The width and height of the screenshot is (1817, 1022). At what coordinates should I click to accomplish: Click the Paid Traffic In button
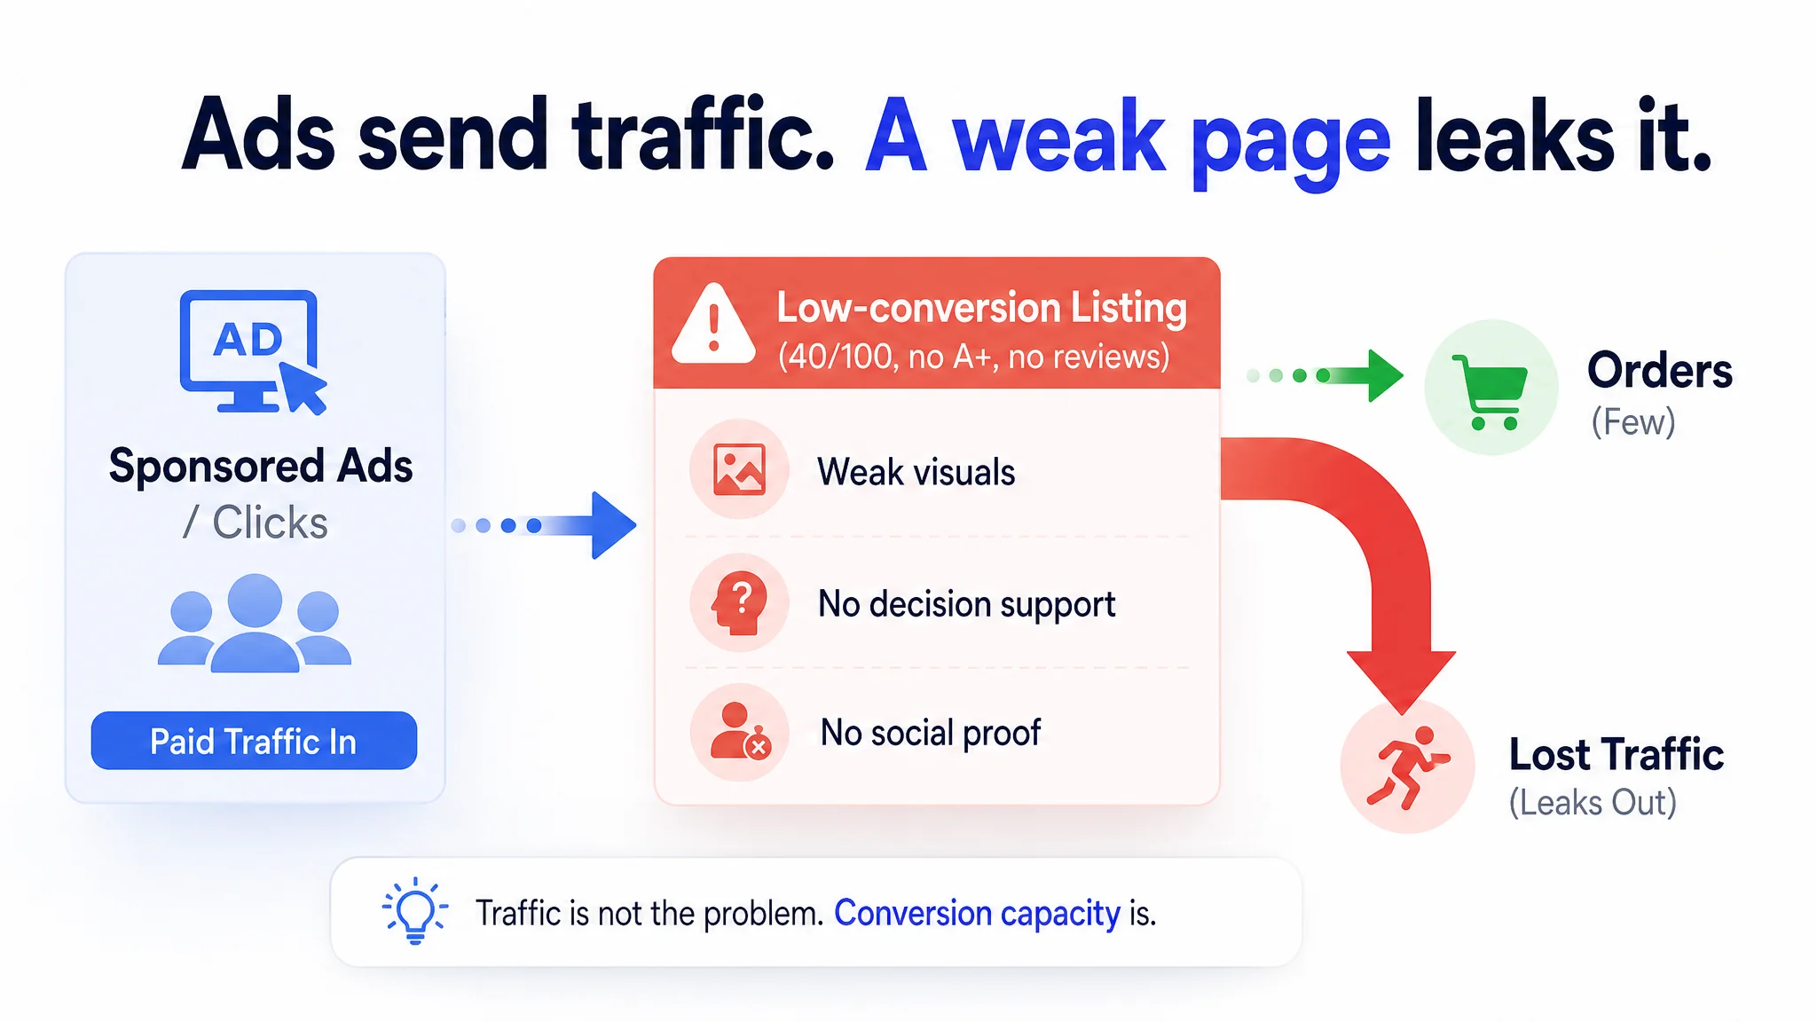[254, 741]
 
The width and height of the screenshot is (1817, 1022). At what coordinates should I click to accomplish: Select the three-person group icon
[255, 623]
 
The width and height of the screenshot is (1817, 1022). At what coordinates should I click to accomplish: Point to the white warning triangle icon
[713, 325]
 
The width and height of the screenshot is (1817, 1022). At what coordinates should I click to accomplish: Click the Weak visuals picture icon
[739, 469]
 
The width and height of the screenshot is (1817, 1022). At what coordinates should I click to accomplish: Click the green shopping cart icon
[1490, 391]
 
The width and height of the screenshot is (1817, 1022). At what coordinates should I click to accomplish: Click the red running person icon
[1408, 767]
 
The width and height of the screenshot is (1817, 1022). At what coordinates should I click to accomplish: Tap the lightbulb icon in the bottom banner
[414, 911]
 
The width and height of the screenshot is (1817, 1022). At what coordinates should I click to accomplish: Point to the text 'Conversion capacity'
[978, 914]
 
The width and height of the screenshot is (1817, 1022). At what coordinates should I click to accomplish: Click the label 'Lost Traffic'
[1616, 755]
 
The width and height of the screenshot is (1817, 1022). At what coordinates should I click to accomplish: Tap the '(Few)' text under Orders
[1633, 422]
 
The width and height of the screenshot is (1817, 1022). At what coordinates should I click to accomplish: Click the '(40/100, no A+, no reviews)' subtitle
[974, 357]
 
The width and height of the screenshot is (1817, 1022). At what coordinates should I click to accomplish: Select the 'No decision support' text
[967, 605]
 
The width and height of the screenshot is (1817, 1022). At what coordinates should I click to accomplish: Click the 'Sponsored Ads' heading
[261, 466]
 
